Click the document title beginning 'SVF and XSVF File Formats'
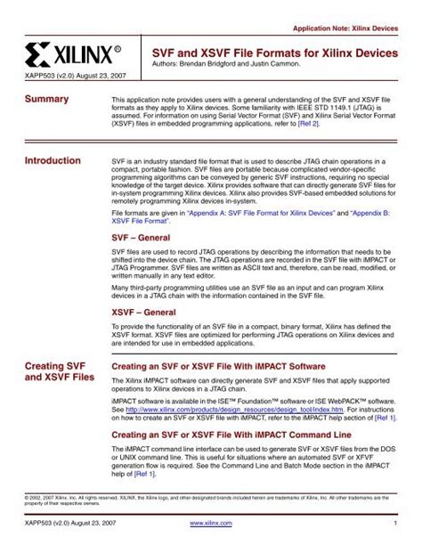tap(275, 53)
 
